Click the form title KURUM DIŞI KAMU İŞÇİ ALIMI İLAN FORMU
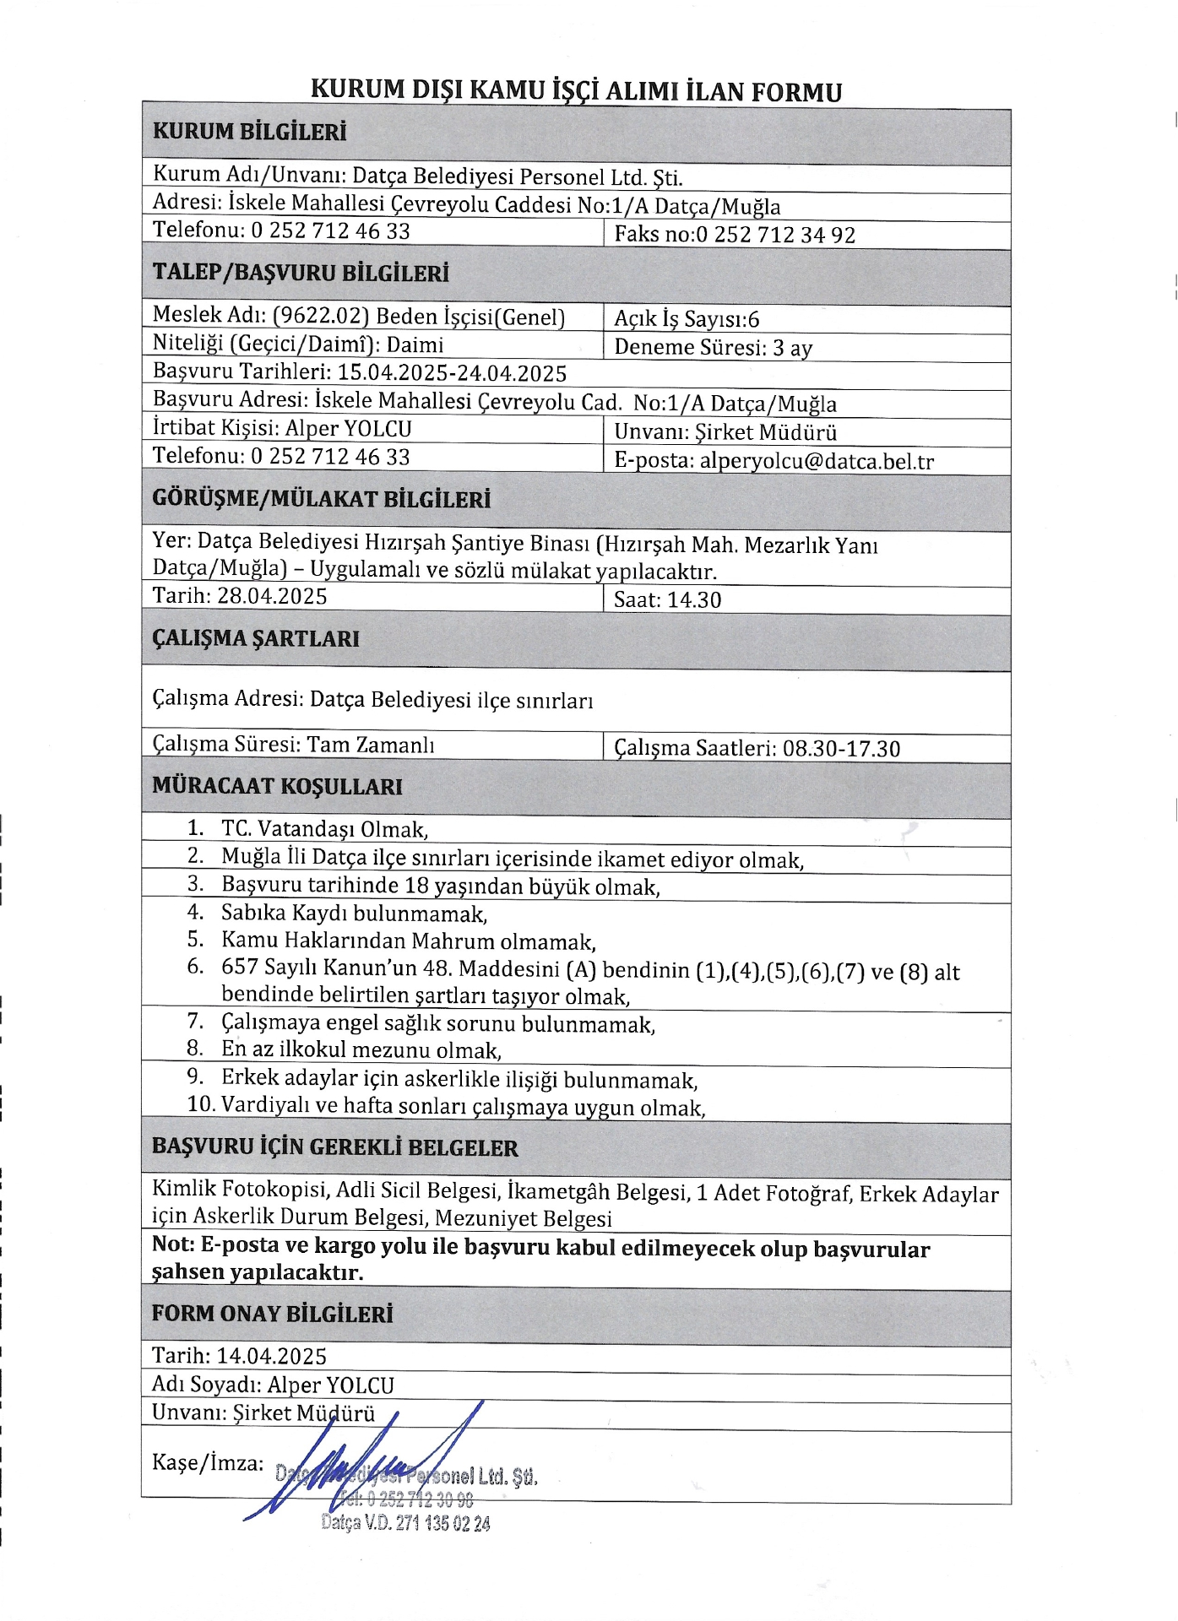(x=576, y=90)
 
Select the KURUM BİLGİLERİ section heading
(x=249, y=132)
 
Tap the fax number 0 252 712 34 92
(x=776, y=235)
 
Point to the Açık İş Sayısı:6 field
(x=687, y=319)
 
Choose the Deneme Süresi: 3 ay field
(x=713, y=347)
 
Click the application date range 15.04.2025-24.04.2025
(x=452, y=372)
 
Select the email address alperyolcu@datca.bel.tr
(x=817, y=461)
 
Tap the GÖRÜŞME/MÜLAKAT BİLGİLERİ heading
(x=321, y=499)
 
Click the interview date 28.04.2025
(x=272, y=596)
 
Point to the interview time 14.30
(x=694, y=600)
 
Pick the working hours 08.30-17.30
(x=841, y=749)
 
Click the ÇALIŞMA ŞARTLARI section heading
(x=255, y=638)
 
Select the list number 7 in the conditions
(x=195, y=1022)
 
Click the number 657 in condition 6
(x=239, y=967)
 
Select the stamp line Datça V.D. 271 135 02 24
(x=405, y=1523)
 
